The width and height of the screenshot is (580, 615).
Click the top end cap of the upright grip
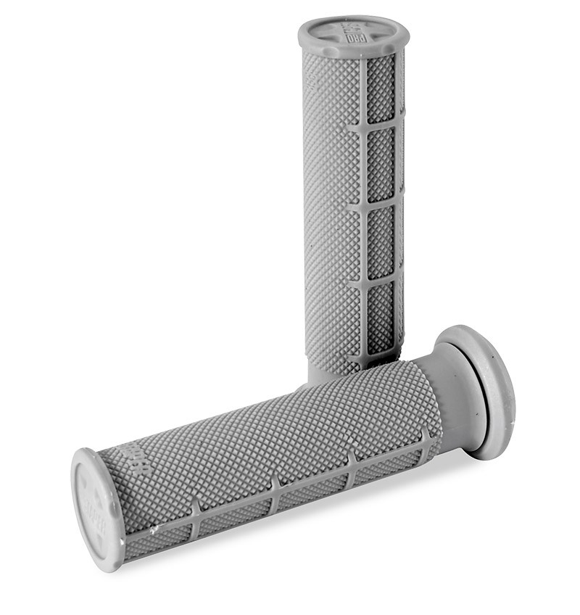coord(353,34)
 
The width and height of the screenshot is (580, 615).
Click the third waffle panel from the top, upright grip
coord(381,242)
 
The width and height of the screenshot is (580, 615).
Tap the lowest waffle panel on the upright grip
coord(381,319)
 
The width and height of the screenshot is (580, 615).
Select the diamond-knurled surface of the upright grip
coord(330,218)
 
